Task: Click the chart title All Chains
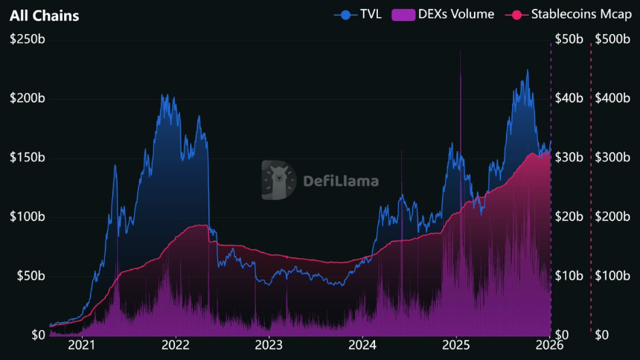[x=45, y=15]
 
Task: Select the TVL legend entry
[x=359, y=14]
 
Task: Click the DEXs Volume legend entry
[x=444, y=14]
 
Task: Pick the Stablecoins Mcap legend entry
[x=569, y=14]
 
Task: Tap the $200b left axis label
[x=26, y=98]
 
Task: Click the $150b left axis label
[x=26, y=158]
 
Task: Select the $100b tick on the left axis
[x=26, y=216]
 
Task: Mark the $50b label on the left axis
[x=28, y=276]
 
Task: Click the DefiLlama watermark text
[x=341, y=180]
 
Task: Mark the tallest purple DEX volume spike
[x=460, y=52]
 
